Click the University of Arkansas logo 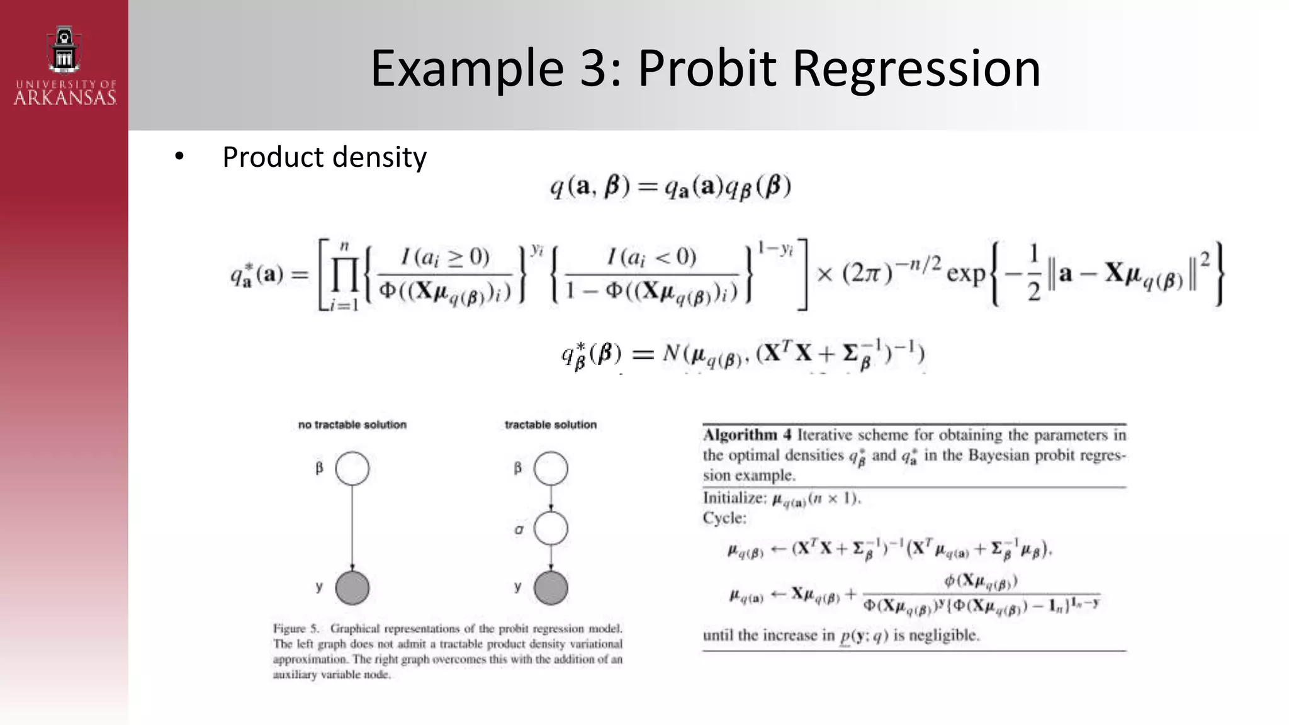[64, 65]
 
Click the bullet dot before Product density [179, 157]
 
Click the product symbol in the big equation [344, 275]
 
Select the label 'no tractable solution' [352, 425]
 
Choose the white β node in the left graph [352, 468]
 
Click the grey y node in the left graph [352, 588]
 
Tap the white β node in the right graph [551, 468]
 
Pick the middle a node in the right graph [551, 529]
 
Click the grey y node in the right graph [551, 588]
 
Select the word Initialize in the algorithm [734, 498]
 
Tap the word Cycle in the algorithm [724, 518]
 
